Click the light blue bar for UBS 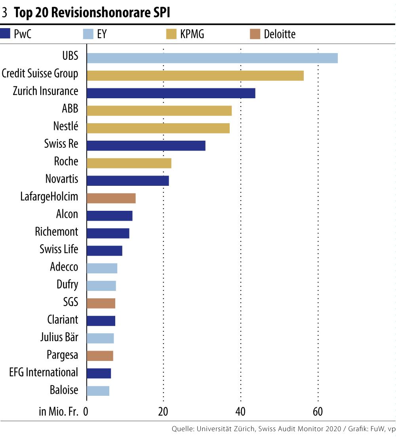(x=212, y=58)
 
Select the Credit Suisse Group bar (x=195, y=75)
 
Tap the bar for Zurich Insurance (x=171, y=93)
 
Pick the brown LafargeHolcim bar (x=111, y=198)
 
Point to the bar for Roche (x=129, y=163)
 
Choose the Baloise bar (x=98, y=391)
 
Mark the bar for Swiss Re (x=146, y=145)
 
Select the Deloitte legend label (x=280, y=34)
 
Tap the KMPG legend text (x=192, y=34)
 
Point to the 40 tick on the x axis (x=240, y=412)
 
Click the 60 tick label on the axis (x=318, y=412)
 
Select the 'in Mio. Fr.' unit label (x=60, y=412)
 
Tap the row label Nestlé (x=65, y=126)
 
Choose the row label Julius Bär (x=59, y=338)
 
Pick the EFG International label (x=44, y=372)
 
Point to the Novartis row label (x=62, y=179)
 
